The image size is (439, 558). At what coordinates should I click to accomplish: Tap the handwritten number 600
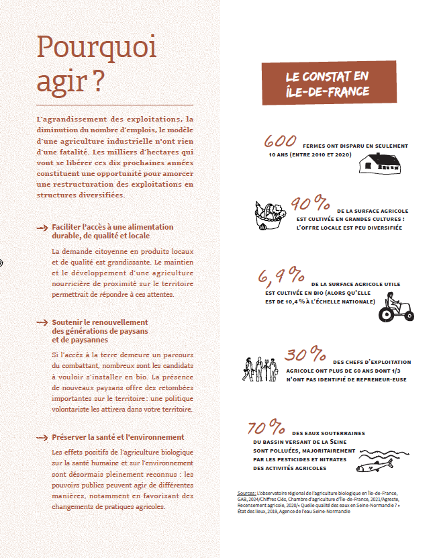click(x=280, y=142)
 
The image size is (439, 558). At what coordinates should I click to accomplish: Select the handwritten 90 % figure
click(x=310, y=203)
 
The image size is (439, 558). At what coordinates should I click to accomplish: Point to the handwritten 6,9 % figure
click(x=280, y=275)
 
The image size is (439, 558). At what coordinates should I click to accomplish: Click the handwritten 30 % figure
click(x=306, y=355)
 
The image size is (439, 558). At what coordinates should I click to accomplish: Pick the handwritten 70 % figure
click(x=266, y=428)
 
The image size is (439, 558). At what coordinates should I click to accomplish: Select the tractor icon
click(x=397, y=310)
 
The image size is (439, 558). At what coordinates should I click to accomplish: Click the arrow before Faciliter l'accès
click(x=43, y=228)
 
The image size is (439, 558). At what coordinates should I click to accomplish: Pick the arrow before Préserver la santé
click(x=43, y=438)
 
